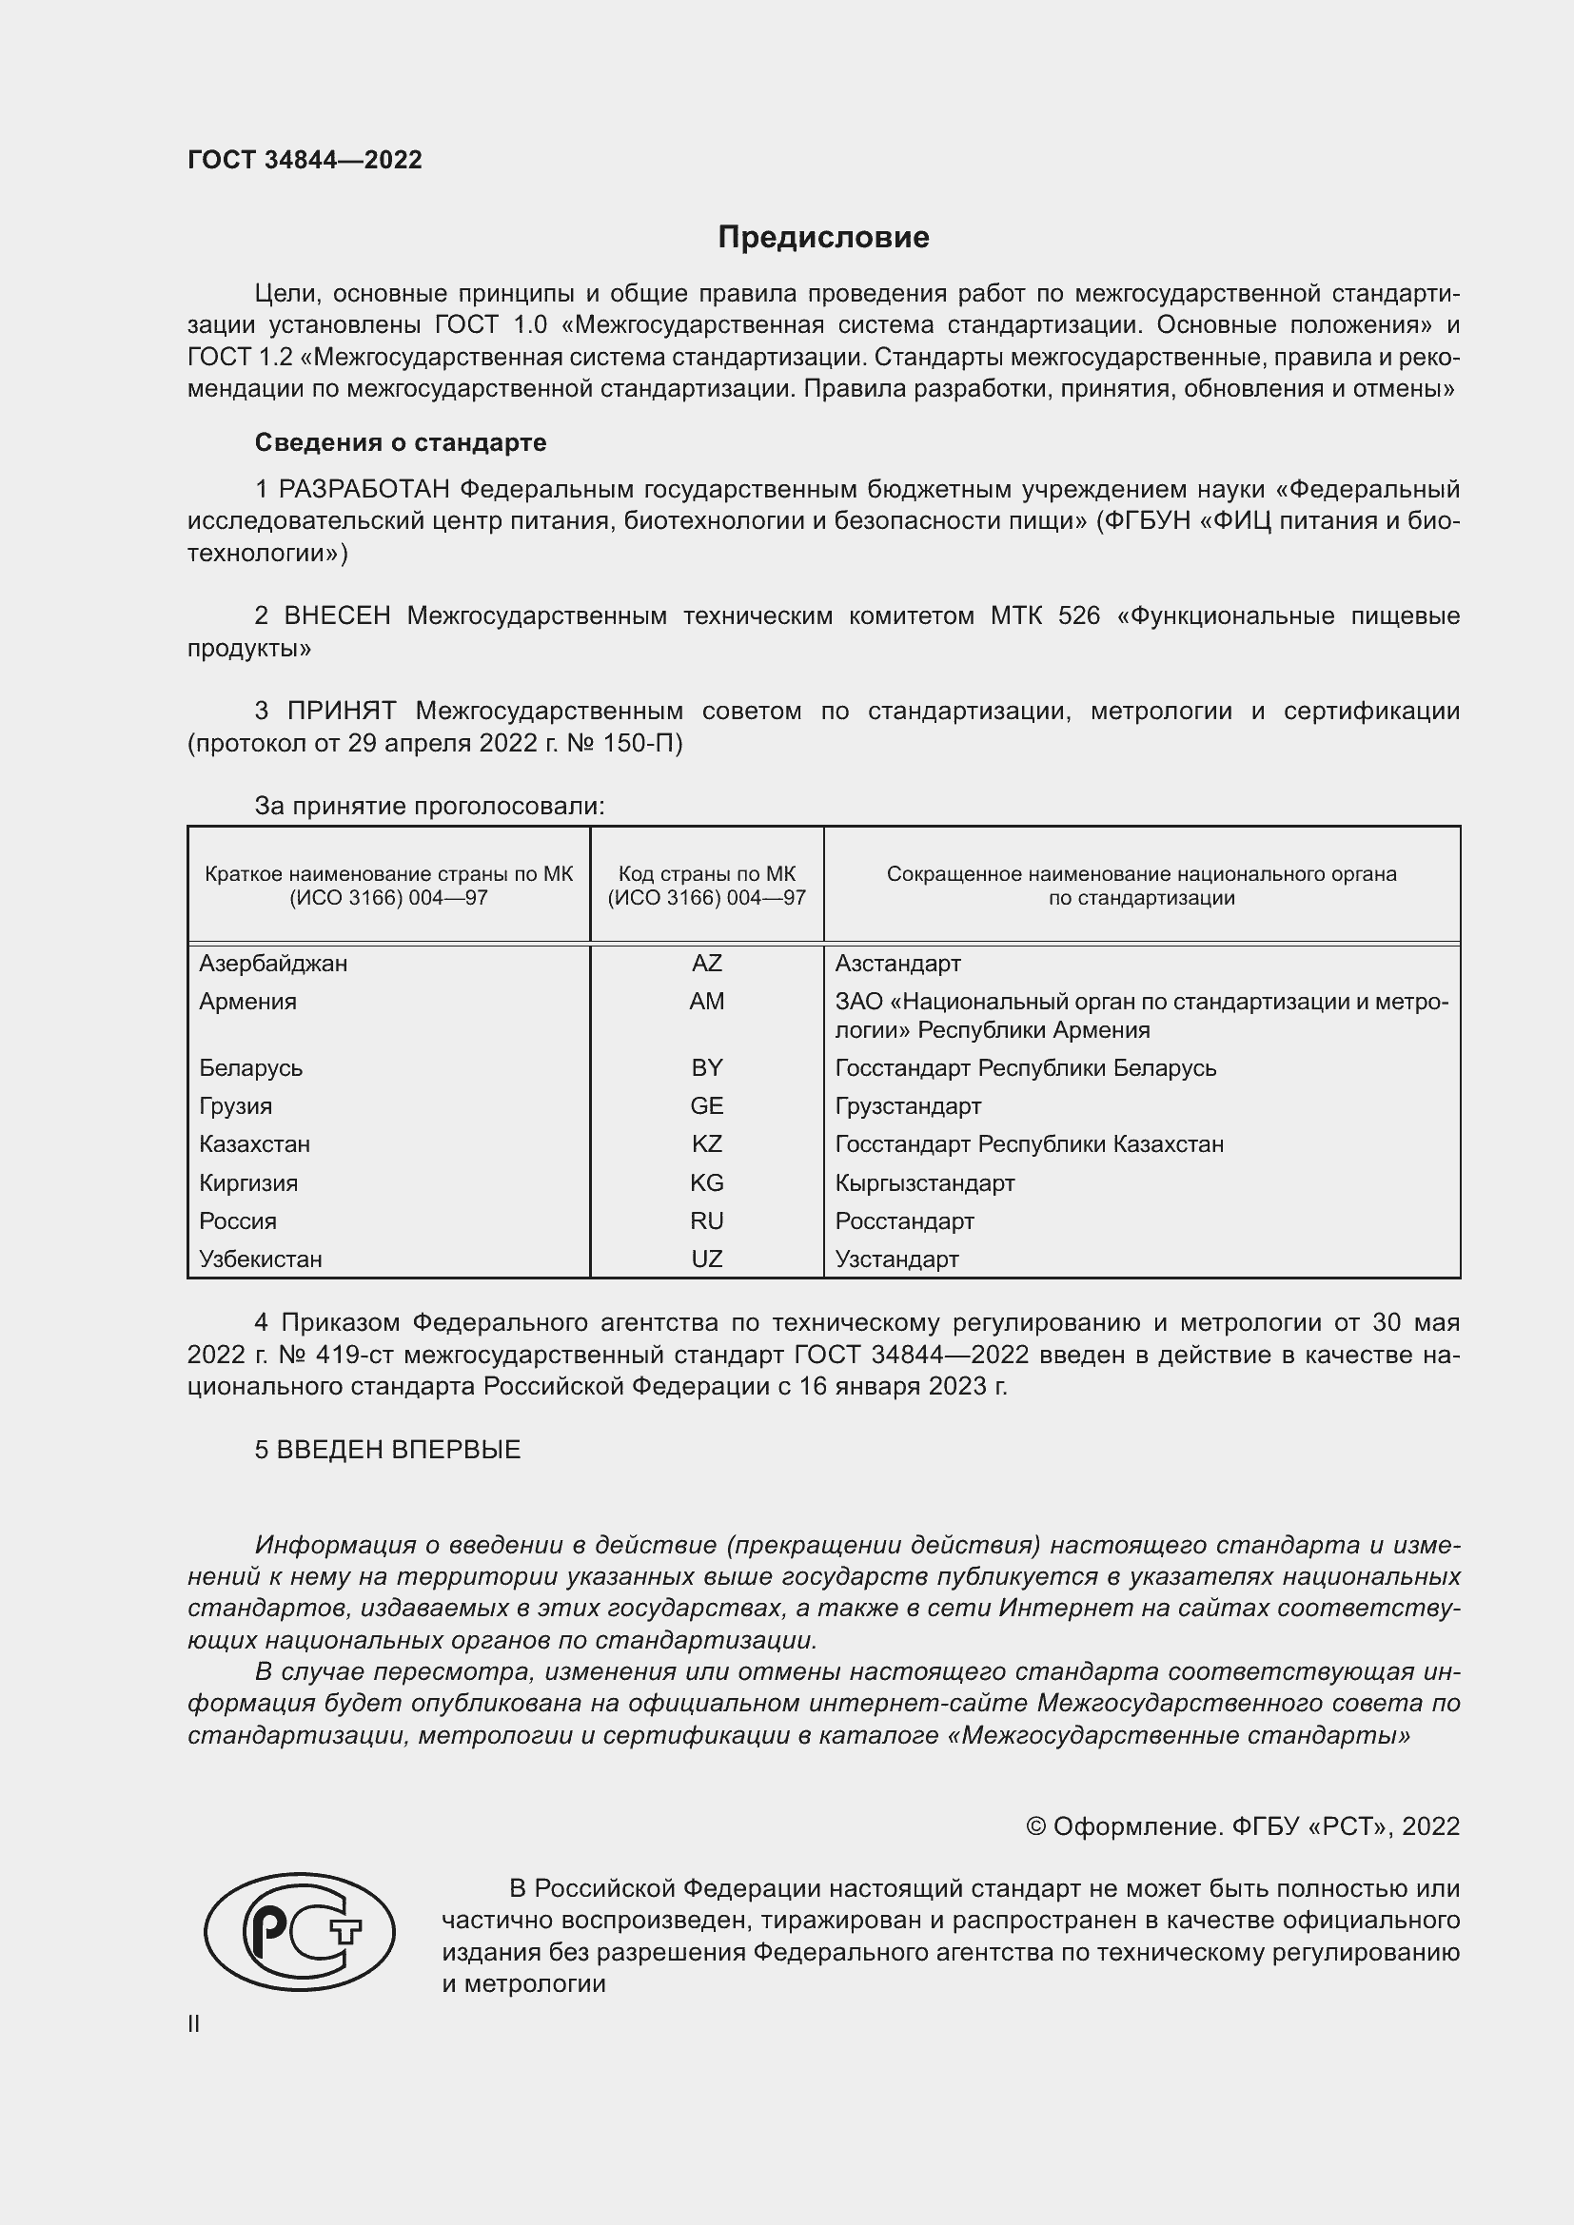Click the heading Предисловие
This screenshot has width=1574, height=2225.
coord(823,238)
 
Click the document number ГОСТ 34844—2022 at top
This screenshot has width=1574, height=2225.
coord(305,160)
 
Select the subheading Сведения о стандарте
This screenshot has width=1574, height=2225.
coord(401,443)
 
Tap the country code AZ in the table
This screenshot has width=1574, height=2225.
coord(706,964)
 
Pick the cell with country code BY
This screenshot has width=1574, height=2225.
coord(706,1068)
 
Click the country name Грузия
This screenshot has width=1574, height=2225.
coord(235,1105)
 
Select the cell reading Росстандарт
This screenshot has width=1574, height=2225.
coord(904,1221)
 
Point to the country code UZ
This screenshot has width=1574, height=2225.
coord(706,1259)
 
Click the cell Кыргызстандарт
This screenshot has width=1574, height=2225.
coord(925,1183)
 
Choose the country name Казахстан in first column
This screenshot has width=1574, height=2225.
coord(254,1144)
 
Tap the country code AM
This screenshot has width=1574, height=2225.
coord(706,1001)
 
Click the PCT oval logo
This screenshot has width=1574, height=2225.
coord(300,1931)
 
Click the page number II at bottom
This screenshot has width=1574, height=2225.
coord(194,2024)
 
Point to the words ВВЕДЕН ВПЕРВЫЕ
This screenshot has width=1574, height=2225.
coord(399,1450)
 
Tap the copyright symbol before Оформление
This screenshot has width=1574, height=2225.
coord(1035,1826)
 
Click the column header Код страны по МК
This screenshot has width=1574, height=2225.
coord(706,874)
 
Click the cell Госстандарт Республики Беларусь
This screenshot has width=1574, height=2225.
coord(1026,1068)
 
